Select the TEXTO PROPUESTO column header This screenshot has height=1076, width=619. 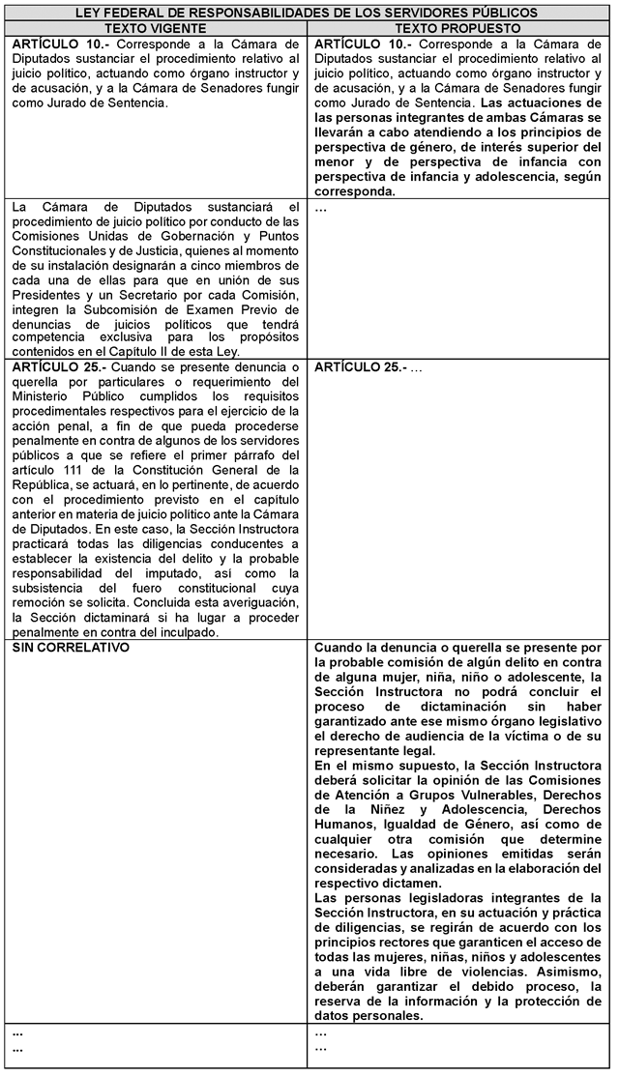pos(459,29)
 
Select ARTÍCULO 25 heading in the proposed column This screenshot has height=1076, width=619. pos(356,367)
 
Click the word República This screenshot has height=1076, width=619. pos(47,484)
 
